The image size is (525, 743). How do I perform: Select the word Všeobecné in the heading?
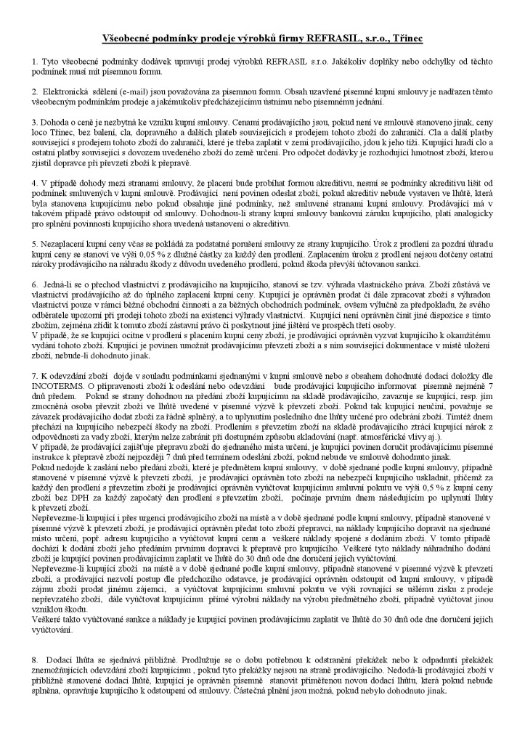125,36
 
